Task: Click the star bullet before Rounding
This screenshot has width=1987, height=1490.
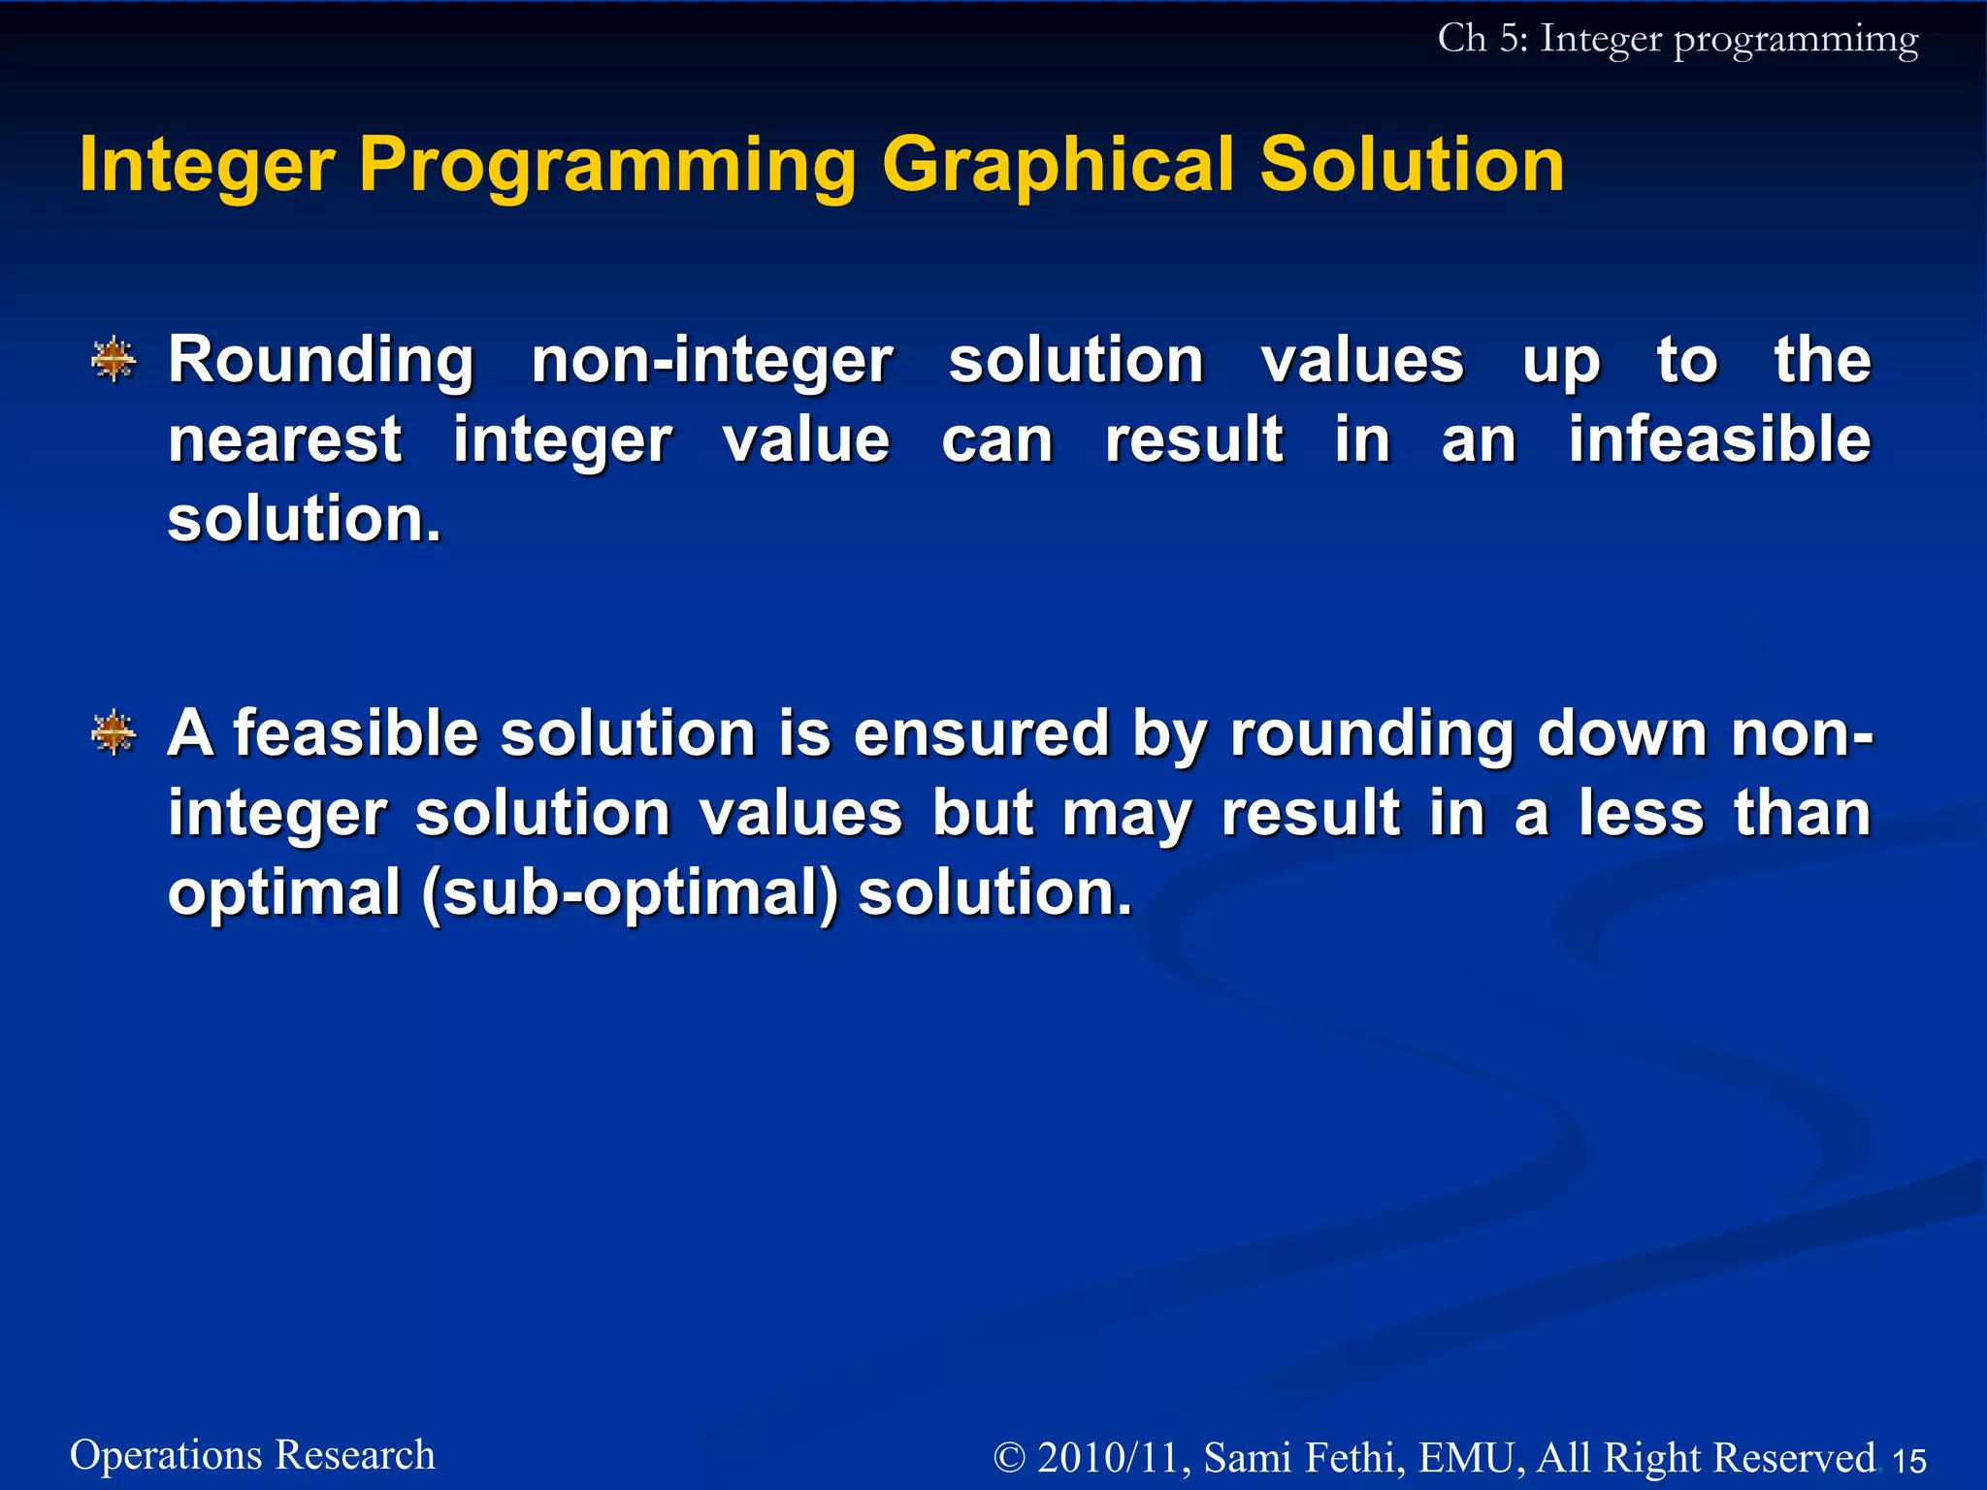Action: [114, 360]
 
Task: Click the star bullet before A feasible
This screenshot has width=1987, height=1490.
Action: [114, 732]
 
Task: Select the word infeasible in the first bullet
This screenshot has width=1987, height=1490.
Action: [1719, 439]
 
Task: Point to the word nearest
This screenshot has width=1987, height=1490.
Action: [284, 439]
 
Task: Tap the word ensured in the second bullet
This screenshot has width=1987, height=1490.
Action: [981, 733]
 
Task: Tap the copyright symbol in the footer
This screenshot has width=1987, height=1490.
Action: [1010, 1458]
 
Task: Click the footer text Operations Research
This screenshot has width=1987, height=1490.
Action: [252, 1455]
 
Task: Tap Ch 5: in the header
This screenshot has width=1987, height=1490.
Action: [1482, 39]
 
